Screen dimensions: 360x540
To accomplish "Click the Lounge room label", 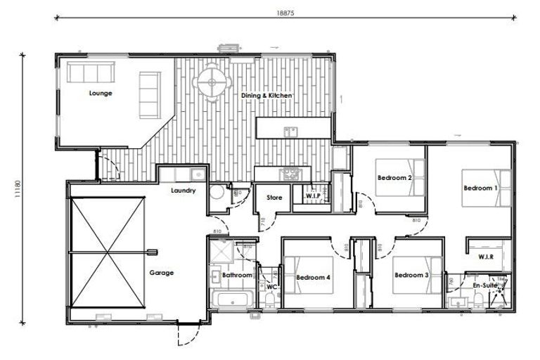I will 101,93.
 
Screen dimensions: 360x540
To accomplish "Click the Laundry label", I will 183,191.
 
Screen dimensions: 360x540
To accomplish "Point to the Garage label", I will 161,273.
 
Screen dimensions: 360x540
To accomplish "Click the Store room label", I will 274,198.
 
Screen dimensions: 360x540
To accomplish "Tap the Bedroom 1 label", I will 480,188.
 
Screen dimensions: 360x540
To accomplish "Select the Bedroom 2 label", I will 394,178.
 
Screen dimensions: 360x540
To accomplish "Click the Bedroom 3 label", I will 411,276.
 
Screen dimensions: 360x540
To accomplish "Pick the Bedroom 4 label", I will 314,278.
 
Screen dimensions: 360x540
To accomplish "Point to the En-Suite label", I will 484,287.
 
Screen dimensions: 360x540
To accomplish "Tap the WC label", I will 271,287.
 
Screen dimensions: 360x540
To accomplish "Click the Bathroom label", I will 237,276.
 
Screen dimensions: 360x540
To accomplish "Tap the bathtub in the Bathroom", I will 232,302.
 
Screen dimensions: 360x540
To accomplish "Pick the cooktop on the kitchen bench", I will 290,173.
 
